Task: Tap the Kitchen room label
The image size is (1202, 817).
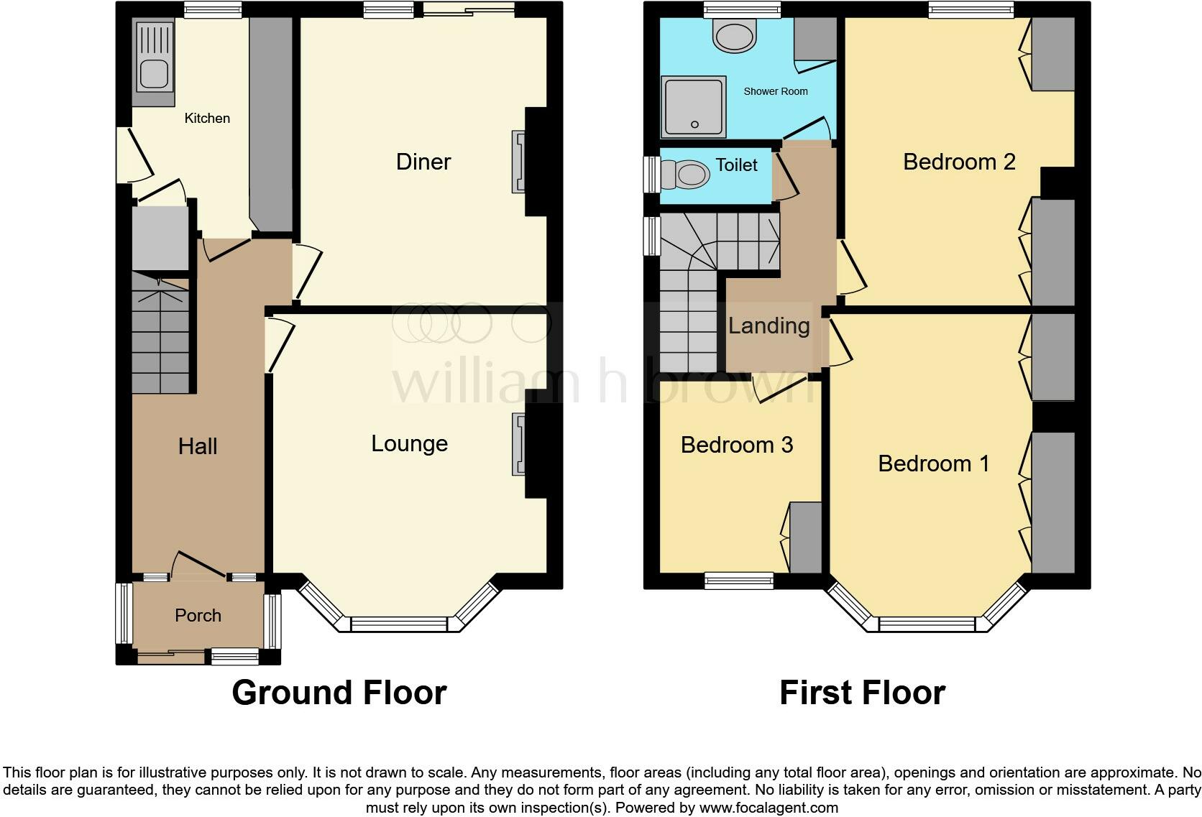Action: [x=207, y=118]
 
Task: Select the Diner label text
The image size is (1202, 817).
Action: [x=423, y=162]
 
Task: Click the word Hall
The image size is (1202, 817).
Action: [x=198, y=446]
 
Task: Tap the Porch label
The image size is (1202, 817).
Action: [x=198, y=615]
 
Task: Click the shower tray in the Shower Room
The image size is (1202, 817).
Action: [x=693, y=107]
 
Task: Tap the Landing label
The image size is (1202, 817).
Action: [x=769, y=326]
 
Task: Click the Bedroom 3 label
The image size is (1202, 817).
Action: [x=736, y=445]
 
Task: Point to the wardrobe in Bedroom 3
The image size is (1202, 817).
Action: [x=805, y=537]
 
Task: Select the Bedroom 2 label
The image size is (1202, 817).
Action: [x=958, y=162]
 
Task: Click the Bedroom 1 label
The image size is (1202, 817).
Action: [x=933, y=463]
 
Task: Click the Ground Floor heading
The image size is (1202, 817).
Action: [x=339, y=692]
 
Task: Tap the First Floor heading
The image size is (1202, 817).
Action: [x=862, y=692]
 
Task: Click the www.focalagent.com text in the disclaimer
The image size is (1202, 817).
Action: [x=768, y=807]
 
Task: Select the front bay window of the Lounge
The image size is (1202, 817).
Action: [x=399, y=624]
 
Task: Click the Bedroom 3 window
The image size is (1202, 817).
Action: [x=738, y=581]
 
